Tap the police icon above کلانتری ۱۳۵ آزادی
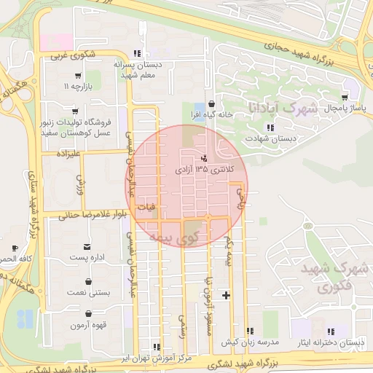pos(203,157)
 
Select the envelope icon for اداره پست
pos(88,247)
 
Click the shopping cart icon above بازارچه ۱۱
pos(77,75)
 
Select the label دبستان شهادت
pos(262,138)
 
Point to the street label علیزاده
pos(61,154)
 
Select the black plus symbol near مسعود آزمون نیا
pos(227,295)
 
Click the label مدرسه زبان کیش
pos(251,342)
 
